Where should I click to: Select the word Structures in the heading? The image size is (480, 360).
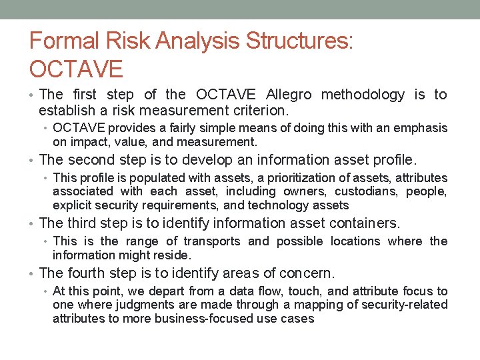(299, 41)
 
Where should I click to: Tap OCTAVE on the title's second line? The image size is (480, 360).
(77, 69)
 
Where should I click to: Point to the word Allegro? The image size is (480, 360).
(289, 95)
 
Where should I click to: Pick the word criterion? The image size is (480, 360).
(259, 109)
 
